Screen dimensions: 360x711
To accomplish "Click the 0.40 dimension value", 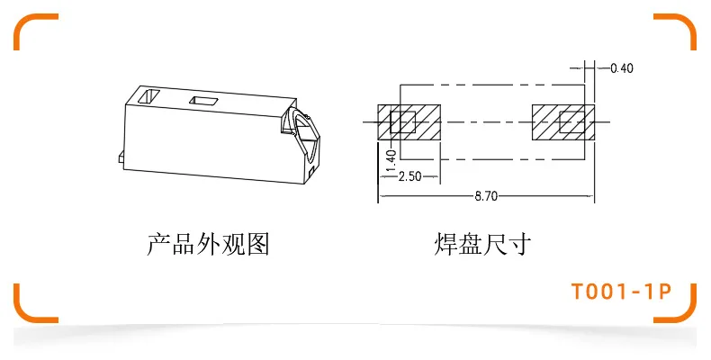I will point(622,67).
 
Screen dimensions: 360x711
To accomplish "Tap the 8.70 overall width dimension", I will point(488,194).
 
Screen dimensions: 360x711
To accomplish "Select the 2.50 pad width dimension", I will point(409,175).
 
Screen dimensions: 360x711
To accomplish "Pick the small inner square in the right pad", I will point(571,121).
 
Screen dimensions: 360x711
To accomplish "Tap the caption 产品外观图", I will point(208,243).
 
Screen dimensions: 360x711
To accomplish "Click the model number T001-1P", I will point(621,292).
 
